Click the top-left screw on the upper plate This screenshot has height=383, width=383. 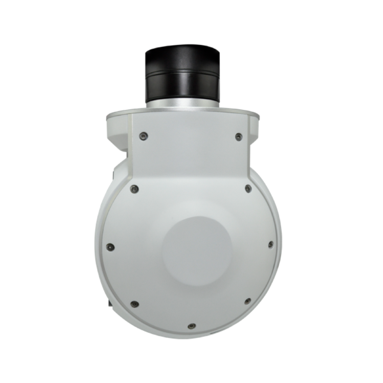coord(143,135)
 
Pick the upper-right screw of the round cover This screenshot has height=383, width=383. coord(247,188)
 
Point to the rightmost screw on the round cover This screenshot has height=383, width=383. coord(270,244)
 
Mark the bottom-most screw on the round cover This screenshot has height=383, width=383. coord(190,326)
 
